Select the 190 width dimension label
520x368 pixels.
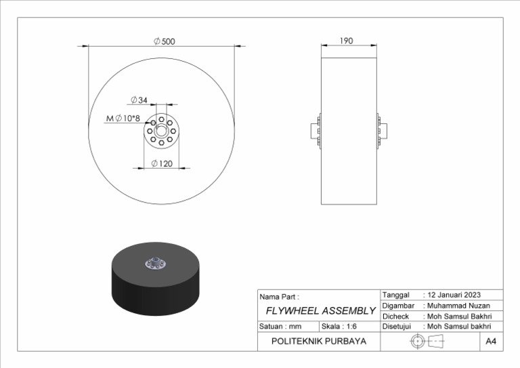pos(346,41)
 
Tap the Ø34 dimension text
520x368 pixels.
pos(139,100)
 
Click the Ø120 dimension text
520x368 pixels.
pos(161,163)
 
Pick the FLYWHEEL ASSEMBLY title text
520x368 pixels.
pos(320,311)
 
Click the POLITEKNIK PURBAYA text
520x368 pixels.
pos(318,342)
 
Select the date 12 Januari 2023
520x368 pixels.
pos(454,295)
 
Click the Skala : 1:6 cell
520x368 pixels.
pos(339,326)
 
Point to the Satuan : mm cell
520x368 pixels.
pos(280,326)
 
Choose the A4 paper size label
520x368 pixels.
pos(491,342)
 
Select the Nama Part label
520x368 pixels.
pos(279,297)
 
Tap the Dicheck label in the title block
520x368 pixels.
pos(396,316)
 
